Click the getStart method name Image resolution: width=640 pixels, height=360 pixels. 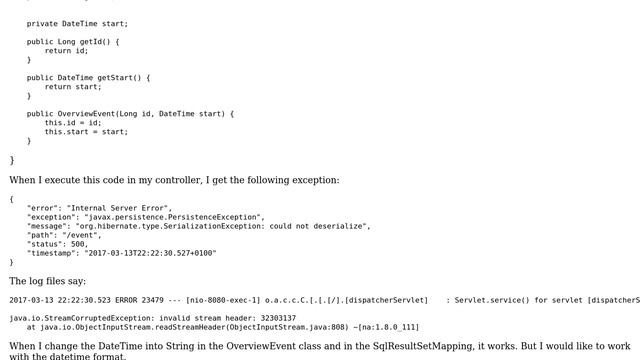(114, 77)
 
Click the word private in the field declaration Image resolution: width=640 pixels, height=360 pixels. (42, 23)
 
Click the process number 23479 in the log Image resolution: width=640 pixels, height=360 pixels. (160, 299)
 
